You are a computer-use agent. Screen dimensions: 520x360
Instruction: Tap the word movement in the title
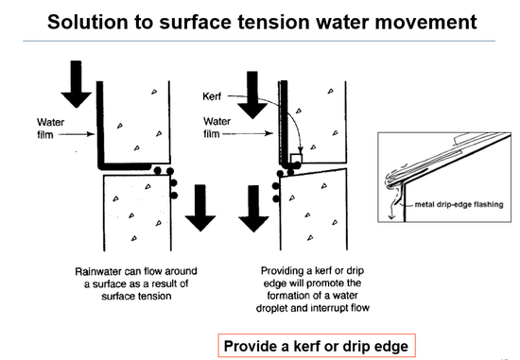[426, 23]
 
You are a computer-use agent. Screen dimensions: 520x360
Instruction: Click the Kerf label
[212, 96]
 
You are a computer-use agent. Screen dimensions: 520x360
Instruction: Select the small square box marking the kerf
[296, 159]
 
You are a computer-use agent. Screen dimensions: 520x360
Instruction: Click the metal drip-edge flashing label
[459, 204]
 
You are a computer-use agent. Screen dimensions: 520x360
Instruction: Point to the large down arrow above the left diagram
[77, 84]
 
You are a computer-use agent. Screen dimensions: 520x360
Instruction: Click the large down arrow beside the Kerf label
[252, 95]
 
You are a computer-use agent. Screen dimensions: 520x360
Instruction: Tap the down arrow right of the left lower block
[200, 208]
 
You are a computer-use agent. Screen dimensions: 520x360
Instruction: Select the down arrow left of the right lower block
[253, 209]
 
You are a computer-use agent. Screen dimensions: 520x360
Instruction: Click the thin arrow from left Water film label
[77, 134]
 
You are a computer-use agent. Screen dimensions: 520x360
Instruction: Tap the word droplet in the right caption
[272, 308]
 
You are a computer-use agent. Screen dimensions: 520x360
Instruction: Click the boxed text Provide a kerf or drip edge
[317, 346]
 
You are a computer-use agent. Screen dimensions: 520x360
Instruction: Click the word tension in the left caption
[154, 296]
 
